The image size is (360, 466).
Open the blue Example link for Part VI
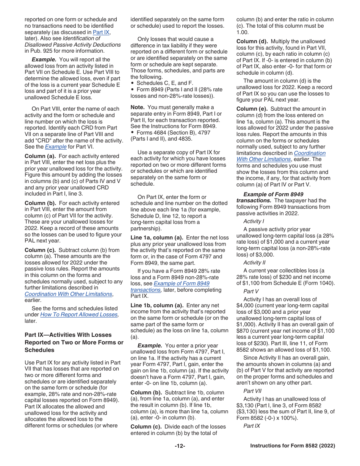coord(56,147)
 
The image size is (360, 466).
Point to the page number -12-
coord(180,446)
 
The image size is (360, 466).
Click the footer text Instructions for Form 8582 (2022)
coord(293,446)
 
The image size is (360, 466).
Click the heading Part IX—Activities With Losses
coord(68,335)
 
